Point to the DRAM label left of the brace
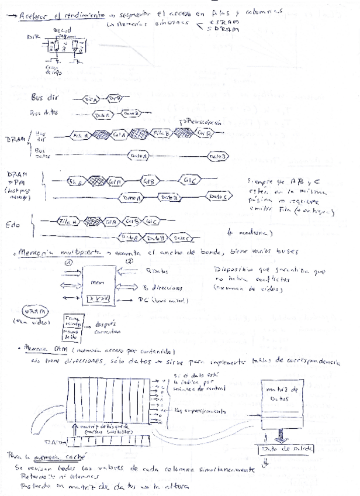coord(15,140)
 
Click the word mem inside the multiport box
coord(98,283)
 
